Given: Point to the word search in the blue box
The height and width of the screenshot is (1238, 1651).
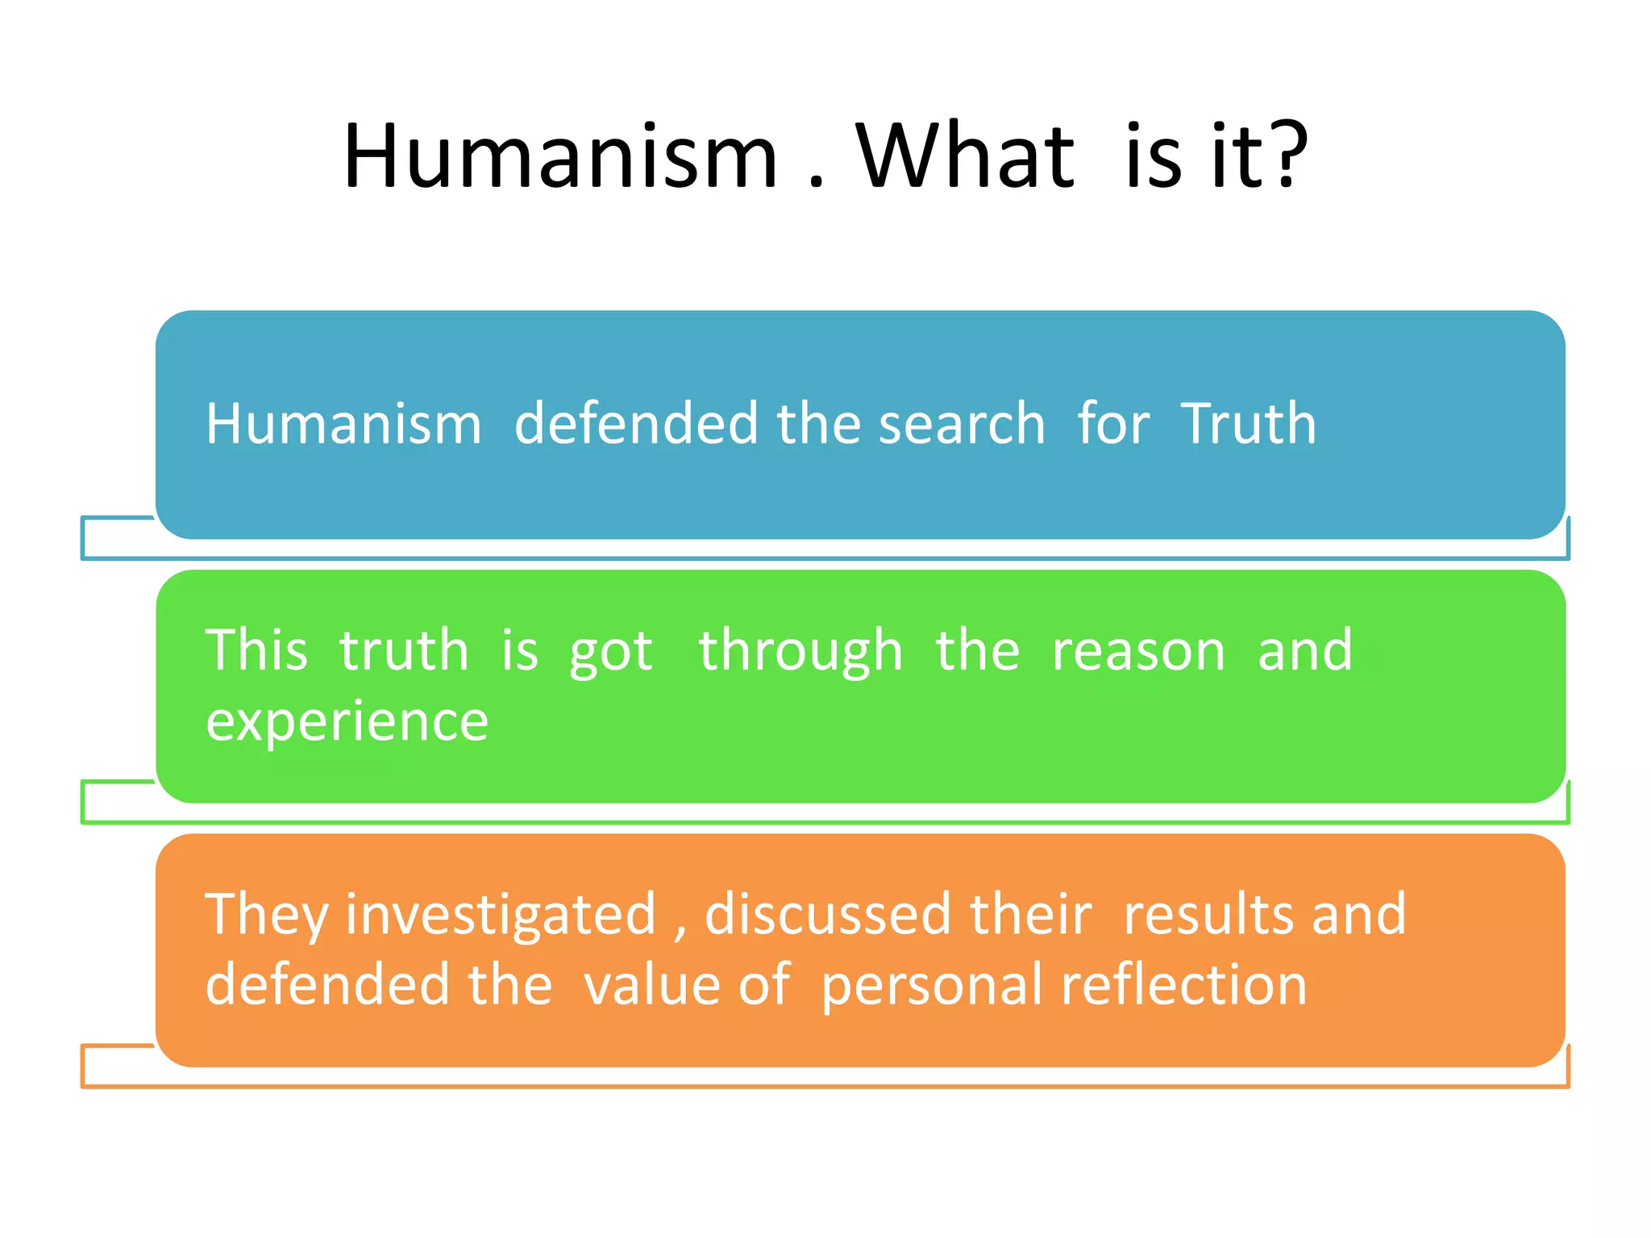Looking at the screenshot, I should pyautogui.click(x=961, y=424).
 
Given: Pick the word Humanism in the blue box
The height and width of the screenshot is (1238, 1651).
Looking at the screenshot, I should pyautogui.click(x=343, y=424).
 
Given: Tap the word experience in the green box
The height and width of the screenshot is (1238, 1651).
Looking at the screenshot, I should pyautogui.click(x=347, y=721).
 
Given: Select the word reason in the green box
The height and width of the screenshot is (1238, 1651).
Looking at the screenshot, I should pyautogui.click(x=1138, y=650).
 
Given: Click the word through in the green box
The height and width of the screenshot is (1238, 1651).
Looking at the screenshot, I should pyautogui.click(x=800, y=651).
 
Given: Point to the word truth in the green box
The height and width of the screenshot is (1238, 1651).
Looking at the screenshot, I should pyautogui.click(x=404, y=650).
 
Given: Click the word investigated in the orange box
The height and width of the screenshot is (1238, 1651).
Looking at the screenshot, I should pyautogui.click(x=501, y=915).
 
